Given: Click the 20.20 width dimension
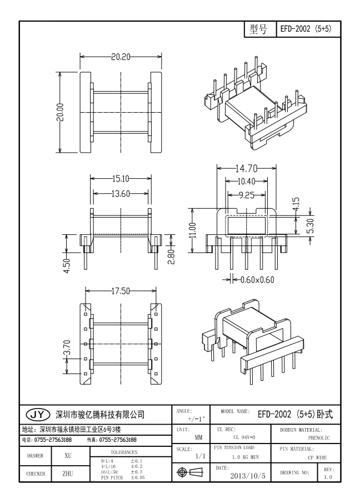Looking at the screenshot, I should (x=120, y=57).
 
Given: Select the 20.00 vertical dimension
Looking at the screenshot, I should (x=60, y=112).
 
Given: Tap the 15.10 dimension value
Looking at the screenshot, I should (x=121, y=179).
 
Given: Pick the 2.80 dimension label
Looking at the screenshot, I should (x=172, y=256).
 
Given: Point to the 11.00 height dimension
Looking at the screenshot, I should (x=193, y=229).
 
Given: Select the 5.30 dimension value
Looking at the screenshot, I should (x=311, y=226).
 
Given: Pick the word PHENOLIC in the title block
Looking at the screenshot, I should (x=319, y=438).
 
